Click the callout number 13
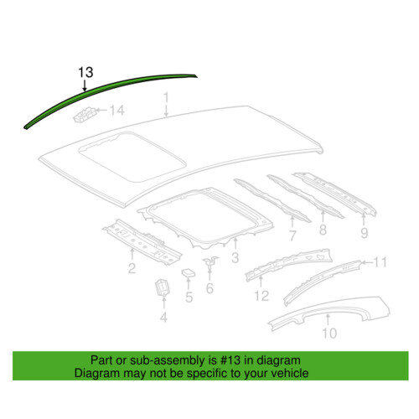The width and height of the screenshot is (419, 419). (85, 72)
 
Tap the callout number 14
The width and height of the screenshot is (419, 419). (117, 111)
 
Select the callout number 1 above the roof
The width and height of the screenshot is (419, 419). (166, 98)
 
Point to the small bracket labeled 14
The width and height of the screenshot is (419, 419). (85, 114)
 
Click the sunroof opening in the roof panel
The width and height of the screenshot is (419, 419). (132, 157)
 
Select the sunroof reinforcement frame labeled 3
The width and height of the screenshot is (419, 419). (205, 217)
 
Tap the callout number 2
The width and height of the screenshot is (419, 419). (132, 268)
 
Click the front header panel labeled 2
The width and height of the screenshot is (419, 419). (142, 241)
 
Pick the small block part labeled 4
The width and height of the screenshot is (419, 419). (163, 287)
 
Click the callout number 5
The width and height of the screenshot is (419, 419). (189, 297)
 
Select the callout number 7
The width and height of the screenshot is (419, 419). (292, 235)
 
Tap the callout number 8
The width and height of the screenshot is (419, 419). (323, 230)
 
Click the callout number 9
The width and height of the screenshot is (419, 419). (364, 233)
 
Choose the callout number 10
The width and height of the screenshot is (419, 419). (329, 333)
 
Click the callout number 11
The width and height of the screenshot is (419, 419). (380, 262)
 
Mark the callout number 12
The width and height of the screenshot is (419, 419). (261, 296)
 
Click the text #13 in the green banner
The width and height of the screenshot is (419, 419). (230, 360)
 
